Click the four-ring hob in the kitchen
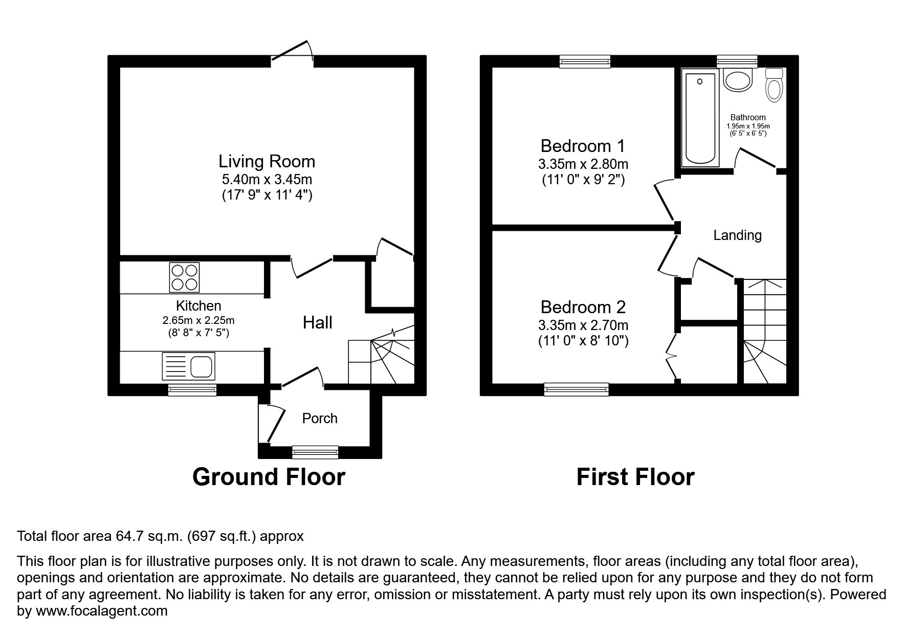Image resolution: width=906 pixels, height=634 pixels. (184, 277)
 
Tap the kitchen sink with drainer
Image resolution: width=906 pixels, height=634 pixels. (188, 366)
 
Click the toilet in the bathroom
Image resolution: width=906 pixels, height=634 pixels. (774, 86)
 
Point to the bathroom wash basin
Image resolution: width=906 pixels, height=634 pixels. (738, 80)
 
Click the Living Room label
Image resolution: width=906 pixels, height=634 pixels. (267, 162)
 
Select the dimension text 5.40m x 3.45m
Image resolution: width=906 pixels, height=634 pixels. (267, 180)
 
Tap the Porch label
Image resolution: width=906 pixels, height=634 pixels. (320, 419)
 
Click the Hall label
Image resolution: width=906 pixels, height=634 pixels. (317, 322)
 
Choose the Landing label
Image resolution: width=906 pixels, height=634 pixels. (737, 235)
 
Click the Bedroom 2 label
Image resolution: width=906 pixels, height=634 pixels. (583, 307)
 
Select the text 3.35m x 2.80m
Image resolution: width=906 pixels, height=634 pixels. (583, 164)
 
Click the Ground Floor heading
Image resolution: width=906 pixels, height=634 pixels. (269, 477)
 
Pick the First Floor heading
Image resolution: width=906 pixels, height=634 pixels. (635, 477)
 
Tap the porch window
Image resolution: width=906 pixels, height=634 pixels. (315, 451)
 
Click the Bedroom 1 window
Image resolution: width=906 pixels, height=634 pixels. (585, 61)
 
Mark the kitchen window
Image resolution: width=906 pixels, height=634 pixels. (192, 390)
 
